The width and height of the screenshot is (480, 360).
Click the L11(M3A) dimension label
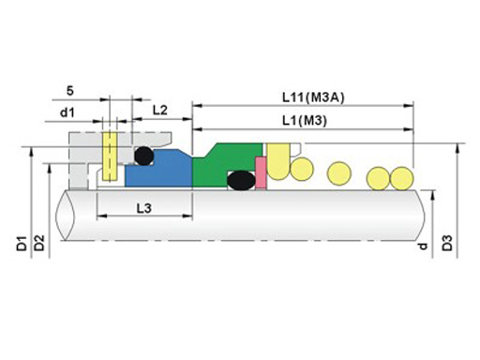tap(313, 97)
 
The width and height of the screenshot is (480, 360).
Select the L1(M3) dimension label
tap(305, 121)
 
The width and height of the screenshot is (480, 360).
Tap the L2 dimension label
tap(160, 110)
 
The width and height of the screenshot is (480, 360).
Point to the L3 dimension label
tap(144, 208)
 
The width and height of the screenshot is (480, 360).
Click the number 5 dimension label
tap(70, 91)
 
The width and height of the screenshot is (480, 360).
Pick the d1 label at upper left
tap(67, 112)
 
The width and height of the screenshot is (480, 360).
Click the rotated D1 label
tap(22, 244)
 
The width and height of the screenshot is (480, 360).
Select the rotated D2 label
tap(39, 243)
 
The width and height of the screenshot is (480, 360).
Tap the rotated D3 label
tap(447, 244)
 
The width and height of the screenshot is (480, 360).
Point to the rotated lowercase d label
tap(423, 247)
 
